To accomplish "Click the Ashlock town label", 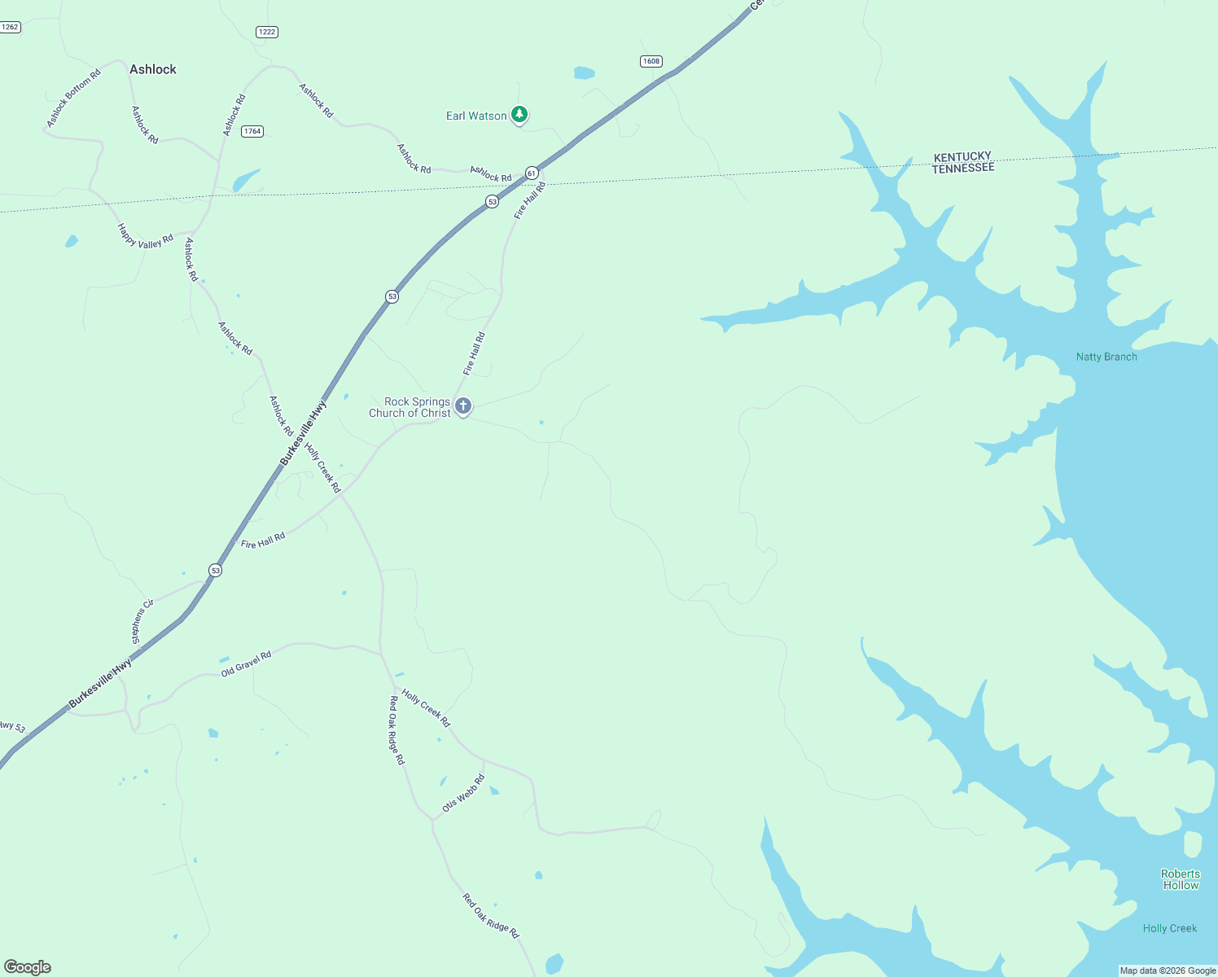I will pos(153,69).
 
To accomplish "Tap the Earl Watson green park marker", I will pos(519,115).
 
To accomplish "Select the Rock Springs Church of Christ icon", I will pos(463,405).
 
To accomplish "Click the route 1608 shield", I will pos(651,61).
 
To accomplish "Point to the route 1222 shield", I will pos(267,32).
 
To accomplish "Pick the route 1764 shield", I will pos(252,131).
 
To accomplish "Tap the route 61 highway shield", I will pos(532,173).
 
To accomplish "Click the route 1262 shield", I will pos(10,27).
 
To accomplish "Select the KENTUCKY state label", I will pos(962,156).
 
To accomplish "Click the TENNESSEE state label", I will pos(963,169).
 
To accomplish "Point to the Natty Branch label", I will pos(1106,357).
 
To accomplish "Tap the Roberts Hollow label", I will pos(1181,879).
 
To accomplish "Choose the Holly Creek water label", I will pos(1170,928).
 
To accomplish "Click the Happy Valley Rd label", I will pos(146,236).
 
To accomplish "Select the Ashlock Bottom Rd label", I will pos(73,98).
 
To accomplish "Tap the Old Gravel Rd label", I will pos(246,664).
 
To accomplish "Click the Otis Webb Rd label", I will pos(463,793).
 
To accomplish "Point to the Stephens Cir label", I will pos(142,622).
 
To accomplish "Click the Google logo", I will pos(28,967).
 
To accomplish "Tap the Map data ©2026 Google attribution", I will pos(1168,970).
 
